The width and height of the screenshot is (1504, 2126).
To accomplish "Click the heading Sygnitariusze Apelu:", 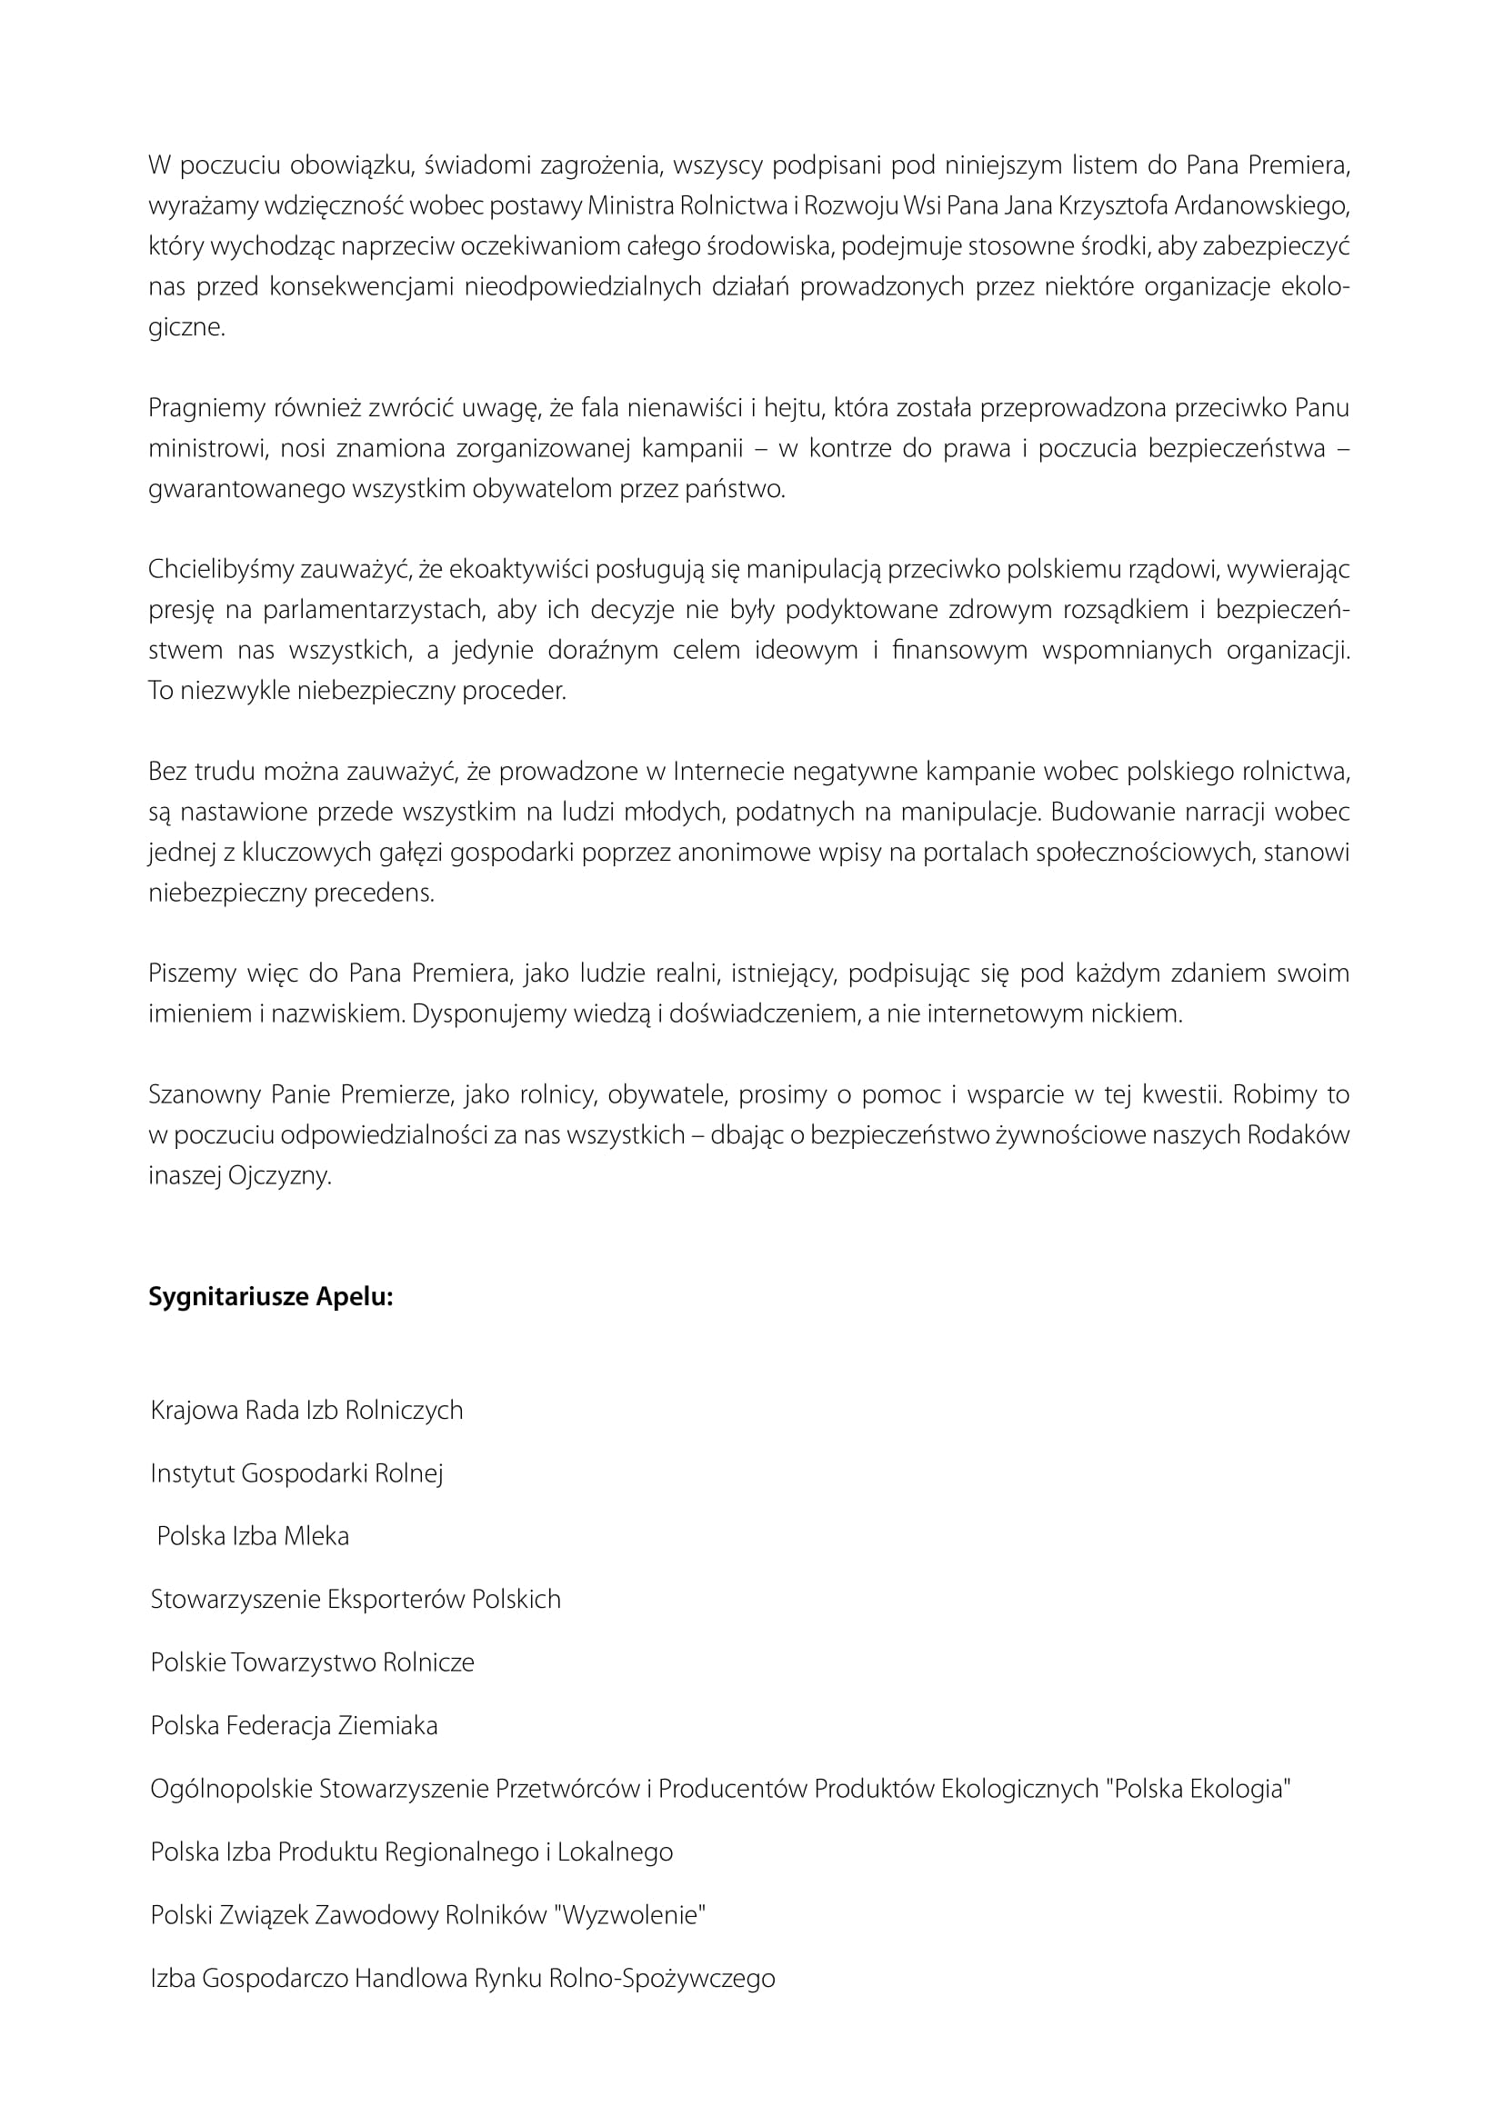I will (x=270, y=1297).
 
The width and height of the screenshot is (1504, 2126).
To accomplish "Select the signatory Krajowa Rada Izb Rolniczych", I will (x=306, y=1411).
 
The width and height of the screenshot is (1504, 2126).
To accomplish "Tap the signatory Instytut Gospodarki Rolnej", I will (x=296, y=1473).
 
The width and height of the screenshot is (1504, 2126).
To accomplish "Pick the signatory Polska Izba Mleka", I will (x=253, y=1536).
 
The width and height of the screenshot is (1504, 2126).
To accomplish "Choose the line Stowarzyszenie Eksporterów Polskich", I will (x=356, y=1599).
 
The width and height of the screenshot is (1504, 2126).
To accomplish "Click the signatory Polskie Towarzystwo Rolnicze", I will (x=312, y=1662).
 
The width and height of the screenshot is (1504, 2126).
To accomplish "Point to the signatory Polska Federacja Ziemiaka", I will (x=294, y=1725).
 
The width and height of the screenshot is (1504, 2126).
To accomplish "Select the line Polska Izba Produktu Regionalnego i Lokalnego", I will (x=411, y=1851).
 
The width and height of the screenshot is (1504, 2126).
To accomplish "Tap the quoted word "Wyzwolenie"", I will (x=629, y=1914).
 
